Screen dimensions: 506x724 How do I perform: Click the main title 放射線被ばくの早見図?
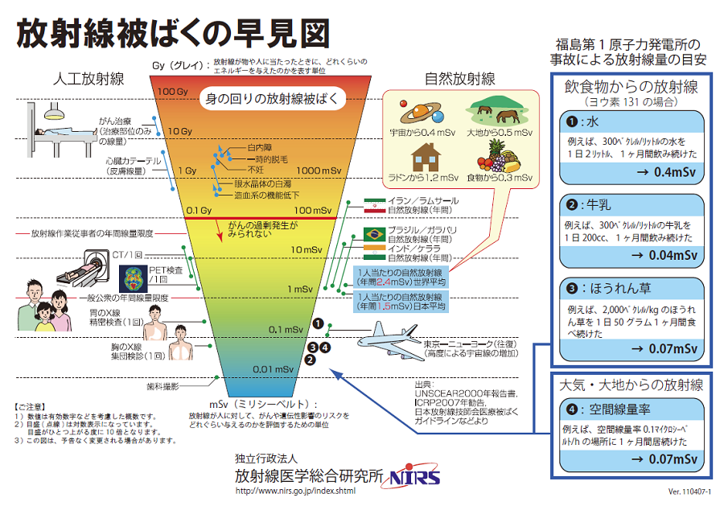pos(173,34)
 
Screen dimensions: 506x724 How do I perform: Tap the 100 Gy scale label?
pos(171,92)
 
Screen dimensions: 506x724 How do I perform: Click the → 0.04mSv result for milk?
pos(666,256)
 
